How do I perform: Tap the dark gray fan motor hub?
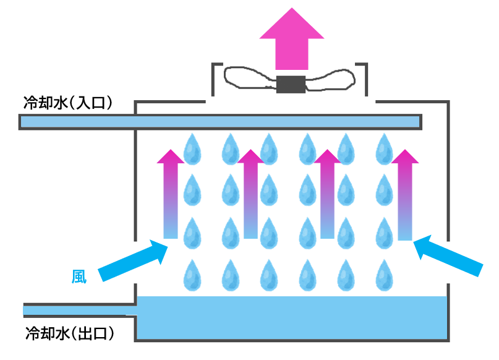pos(291,84)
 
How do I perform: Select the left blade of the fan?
pos(250,77)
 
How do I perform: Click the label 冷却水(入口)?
pos(68,103)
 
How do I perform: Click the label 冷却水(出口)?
pos(70,334)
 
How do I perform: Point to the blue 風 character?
pos(79,276)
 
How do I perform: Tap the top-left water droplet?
pos(192,149)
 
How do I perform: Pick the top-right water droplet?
pos(384,149)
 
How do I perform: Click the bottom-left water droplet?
pos(192,275)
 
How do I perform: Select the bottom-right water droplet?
pos(384,275)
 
